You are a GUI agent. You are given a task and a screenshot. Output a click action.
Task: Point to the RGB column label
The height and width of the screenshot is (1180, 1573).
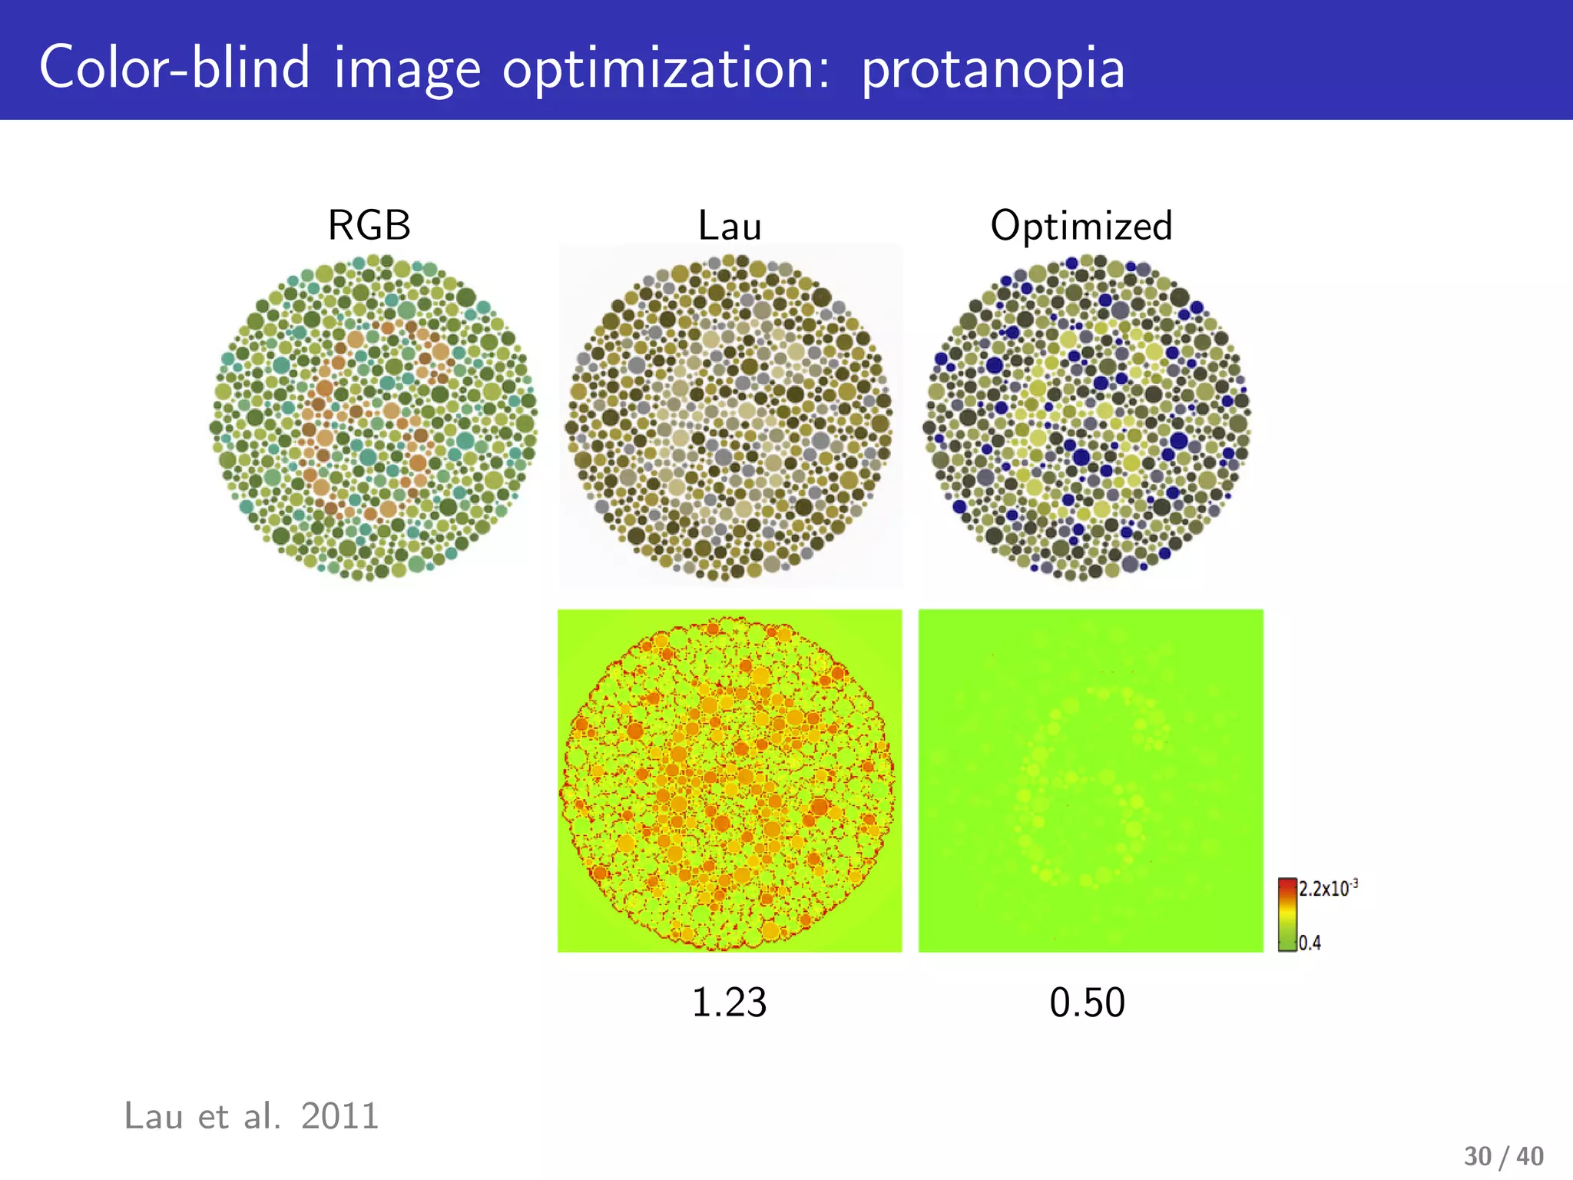click(369, 226)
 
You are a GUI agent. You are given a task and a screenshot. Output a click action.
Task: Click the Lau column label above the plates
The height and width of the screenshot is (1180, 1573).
click(729, 226)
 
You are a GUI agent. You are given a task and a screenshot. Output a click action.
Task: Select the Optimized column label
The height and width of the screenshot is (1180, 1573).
click(1081, 226)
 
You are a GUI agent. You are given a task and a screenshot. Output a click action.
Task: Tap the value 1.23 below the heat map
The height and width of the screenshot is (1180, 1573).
click(729, 1003)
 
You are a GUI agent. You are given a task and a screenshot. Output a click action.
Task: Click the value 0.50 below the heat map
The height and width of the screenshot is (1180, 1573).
click(1087, 1003)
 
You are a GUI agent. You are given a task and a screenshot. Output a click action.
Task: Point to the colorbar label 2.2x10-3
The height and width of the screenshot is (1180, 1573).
click(1328, 888)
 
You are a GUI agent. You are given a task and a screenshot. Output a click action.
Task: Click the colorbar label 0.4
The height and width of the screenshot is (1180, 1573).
click(1310, 943)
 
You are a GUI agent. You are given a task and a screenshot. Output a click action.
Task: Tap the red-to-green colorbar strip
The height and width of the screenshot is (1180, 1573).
click(1287, 914)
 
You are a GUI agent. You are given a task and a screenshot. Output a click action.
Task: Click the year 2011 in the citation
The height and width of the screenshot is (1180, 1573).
click(339, 1116)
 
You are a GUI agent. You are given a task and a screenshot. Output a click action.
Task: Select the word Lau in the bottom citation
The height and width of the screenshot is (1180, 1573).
click(153, 1116)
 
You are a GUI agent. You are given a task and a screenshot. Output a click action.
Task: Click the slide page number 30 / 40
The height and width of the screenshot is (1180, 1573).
click(1503, 1156)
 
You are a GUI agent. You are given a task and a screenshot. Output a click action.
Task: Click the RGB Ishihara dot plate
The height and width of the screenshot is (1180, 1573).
click(373, 417)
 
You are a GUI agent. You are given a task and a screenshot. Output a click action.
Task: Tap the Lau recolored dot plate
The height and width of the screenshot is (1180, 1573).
click(730, 417)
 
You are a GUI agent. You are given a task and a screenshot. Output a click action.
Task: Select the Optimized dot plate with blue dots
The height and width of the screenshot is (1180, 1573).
click(1087, 417)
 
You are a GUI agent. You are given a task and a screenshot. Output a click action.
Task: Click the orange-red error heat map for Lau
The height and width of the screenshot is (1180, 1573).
click(729, 781)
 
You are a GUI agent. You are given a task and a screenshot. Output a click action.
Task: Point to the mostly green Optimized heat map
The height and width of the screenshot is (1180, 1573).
click(1090, 781)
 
